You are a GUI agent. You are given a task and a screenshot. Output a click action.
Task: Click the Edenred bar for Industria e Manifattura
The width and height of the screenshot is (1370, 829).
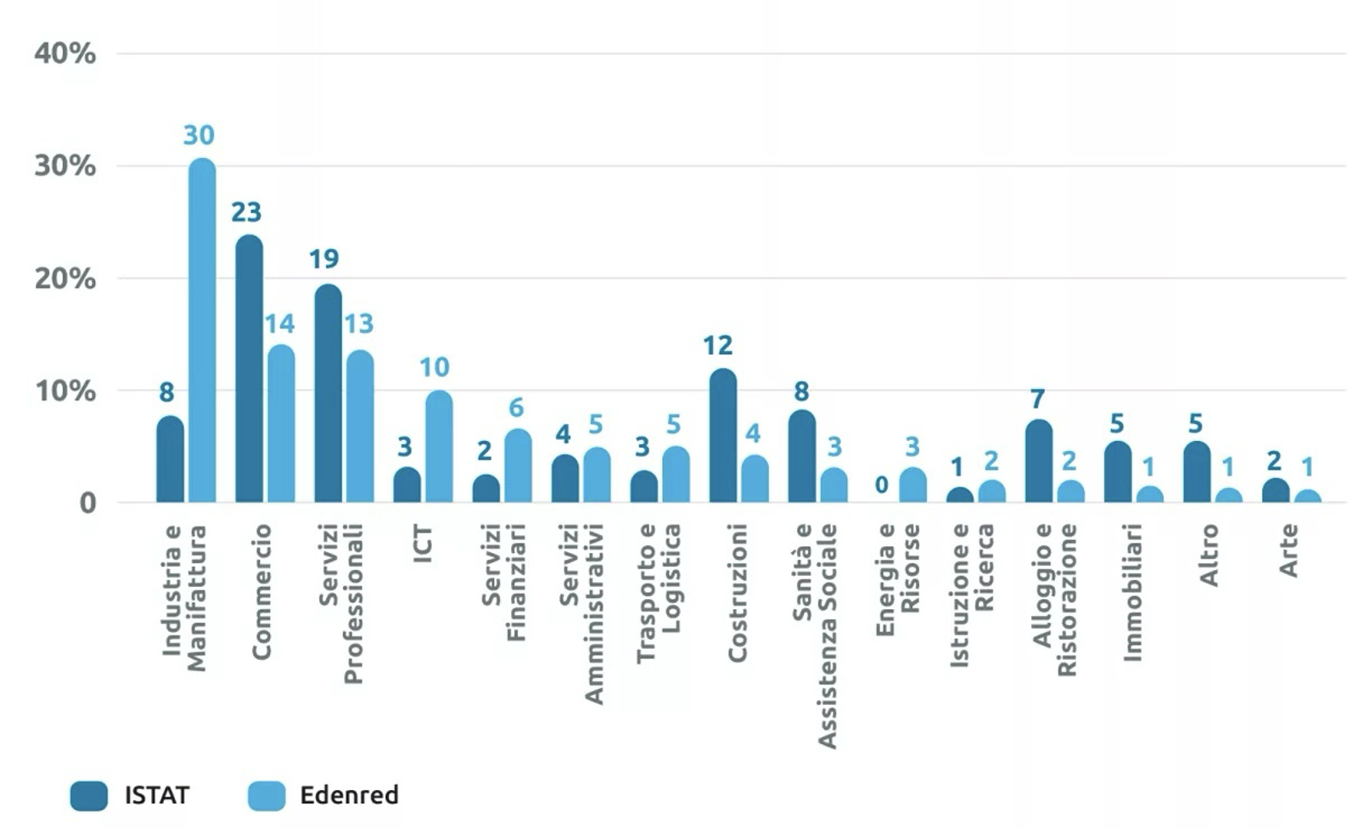pos(202,331)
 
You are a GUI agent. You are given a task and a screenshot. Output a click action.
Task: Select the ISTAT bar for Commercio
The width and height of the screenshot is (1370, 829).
pos(249,369)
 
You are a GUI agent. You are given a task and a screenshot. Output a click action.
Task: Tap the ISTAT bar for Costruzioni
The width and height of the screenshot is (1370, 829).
pos(722,436)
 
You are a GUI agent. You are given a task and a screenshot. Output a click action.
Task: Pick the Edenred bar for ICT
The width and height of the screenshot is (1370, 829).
pos(439,447)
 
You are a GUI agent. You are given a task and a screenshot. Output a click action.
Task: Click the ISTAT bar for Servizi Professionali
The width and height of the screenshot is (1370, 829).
pos(328,393)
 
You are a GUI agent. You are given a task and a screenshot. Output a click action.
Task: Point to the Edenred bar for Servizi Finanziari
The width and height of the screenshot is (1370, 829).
pos(518,465)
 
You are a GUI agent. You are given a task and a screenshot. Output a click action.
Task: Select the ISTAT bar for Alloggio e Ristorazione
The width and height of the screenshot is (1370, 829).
pos(1039,461)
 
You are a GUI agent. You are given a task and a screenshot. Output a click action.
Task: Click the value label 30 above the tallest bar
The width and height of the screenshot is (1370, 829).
pos(199,135)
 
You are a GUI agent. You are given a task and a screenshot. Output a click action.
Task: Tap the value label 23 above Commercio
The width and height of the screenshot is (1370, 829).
pos(246,211)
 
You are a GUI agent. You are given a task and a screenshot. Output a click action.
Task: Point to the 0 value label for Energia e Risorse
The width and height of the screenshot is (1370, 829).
pos(882,485)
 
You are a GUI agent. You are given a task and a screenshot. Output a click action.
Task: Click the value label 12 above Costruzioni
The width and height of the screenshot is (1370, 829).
pos(717,345)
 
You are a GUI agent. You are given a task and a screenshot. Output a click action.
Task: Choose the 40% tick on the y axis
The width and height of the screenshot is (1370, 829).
pos(65,54)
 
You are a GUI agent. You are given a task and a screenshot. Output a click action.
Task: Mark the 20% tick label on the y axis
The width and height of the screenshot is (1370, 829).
pos(65,279)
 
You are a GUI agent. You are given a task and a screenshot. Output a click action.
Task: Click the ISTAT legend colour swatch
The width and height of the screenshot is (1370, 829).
pos(89,796)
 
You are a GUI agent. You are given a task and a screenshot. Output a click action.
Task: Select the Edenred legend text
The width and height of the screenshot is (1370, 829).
pos(349,795)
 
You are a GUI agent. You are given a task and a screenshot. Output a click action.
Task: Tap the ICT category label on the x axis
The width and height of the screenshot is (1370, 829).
pos(422,543)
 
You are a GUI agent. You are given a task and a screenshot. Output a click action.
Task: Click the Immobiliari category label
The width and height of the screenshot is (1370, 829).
pos(1132,592)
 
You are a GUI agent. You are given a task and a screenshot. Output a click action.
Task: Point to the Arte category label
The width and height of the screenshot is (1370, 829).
pos(1289,550)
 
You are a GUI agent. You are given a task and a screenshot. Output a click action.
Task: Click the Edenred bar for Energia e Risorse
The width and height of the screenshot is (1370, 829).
pos(912,485)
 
